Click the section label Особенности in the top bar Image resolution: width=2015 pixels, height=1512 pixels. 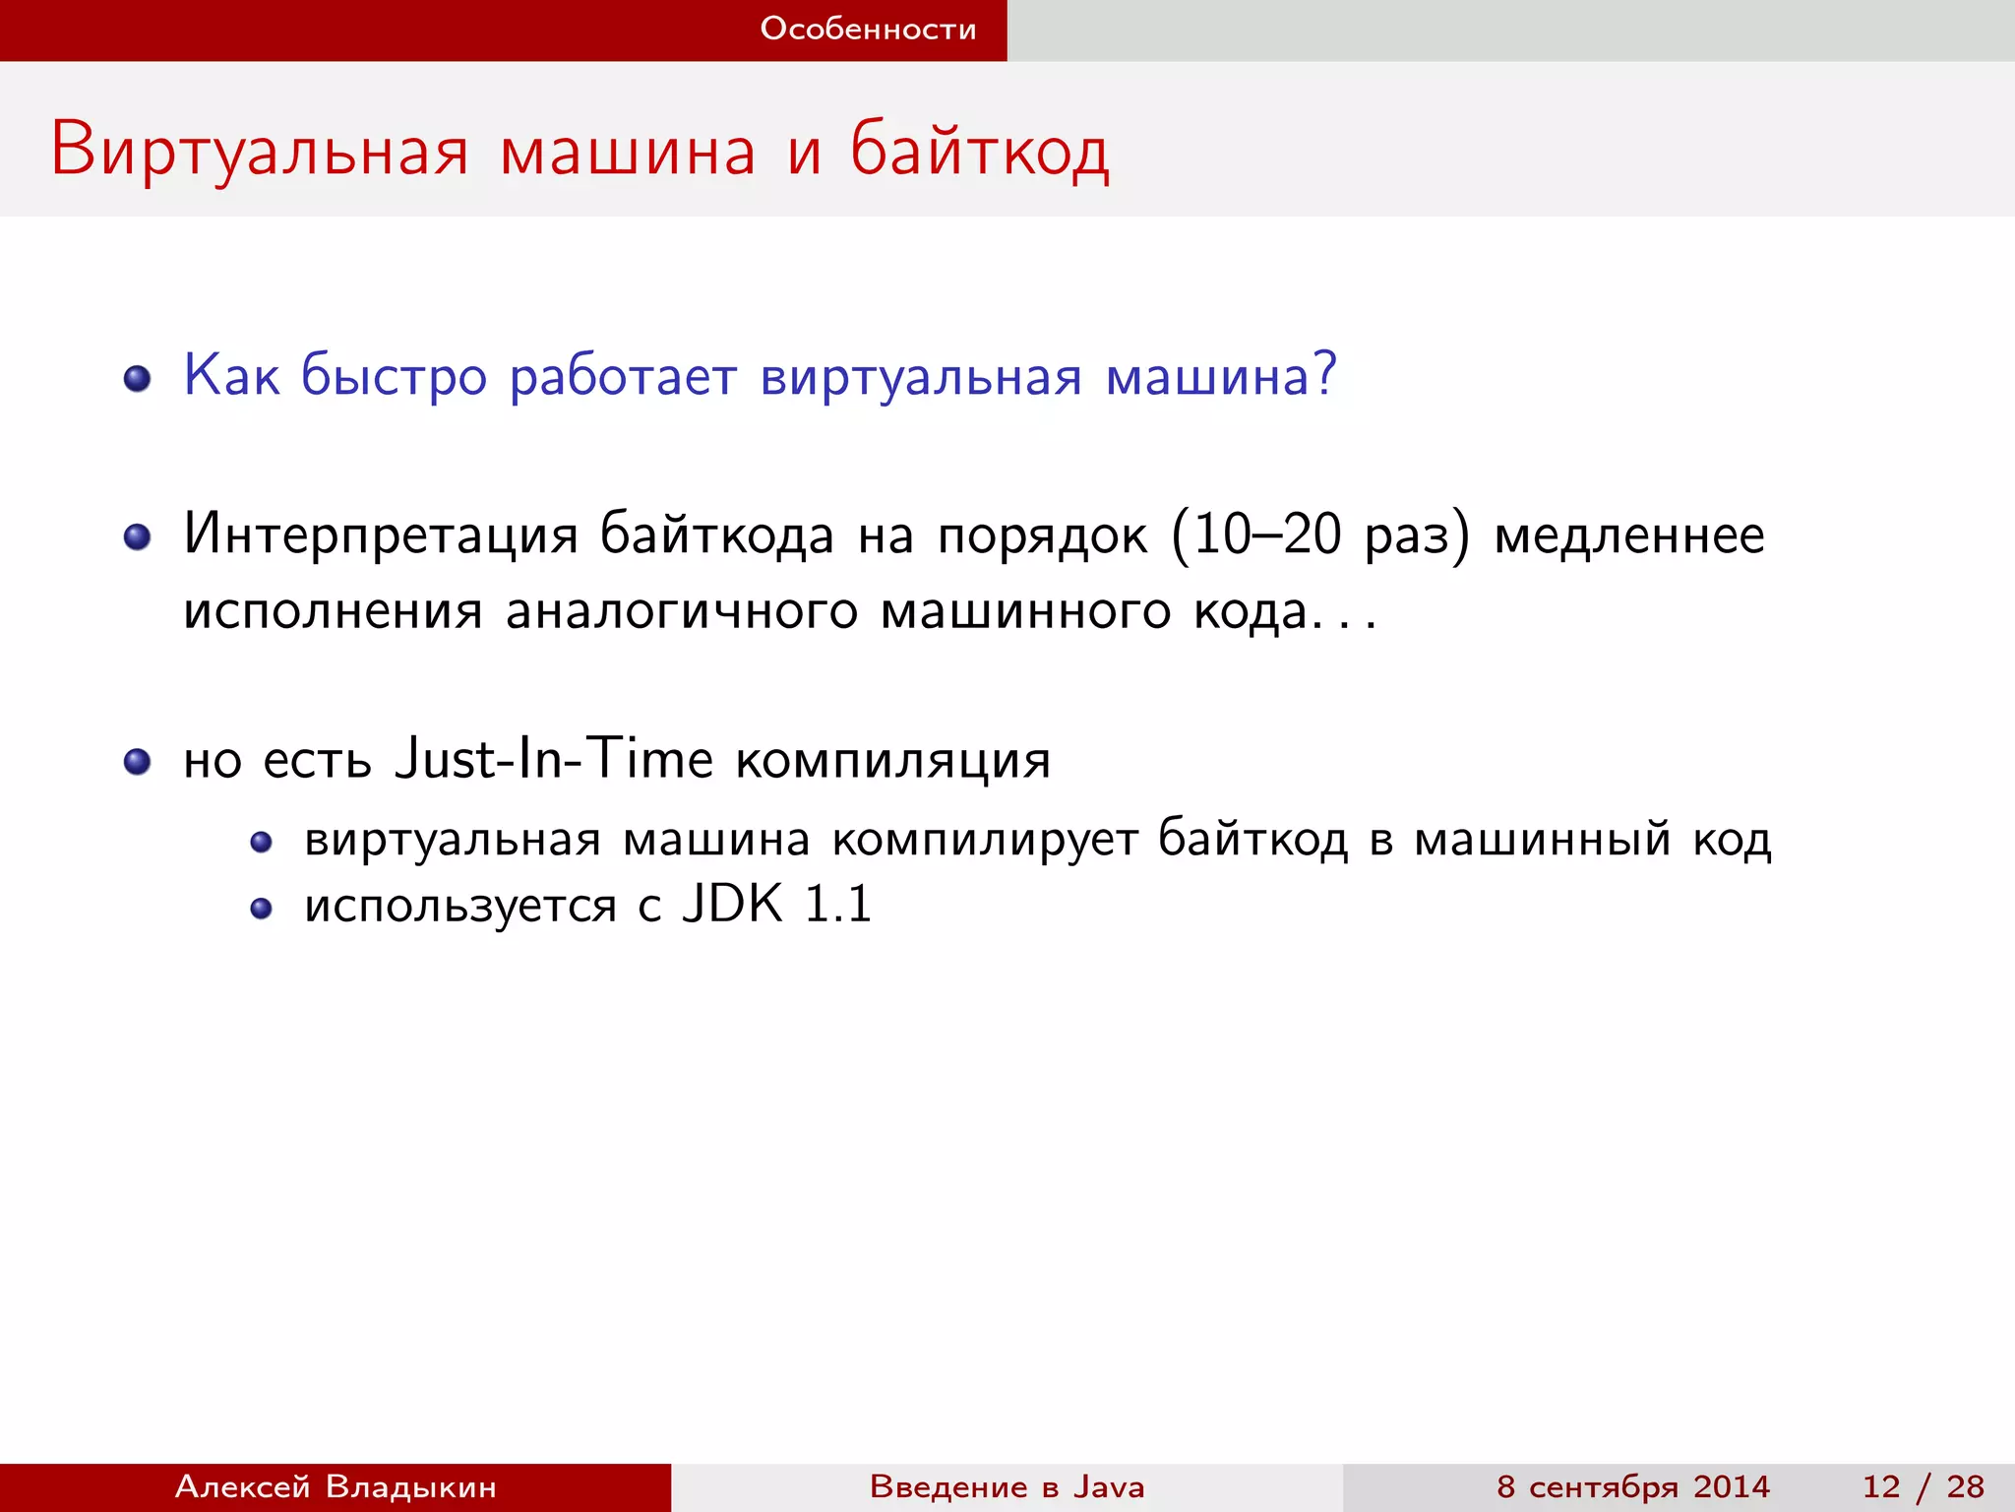pyautogui.click(x=868, y=30)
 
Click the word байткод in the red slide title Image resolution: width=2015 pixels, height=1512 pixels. pyautogui.click(x=980, y=151)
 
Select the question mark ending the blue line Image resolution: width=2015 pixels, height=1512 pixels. pyautogui.click(x=1325, y=374)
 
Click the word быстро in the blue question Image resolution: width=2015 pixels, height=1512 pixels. pyautogui.click(x=394, y=377)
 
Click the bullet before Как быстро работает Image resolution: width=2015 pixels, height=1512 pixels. pyautogui.click(x=137, y=379)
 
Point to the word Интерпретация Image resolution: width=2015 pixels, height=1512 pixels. pyautogui.click(x=381, y=536)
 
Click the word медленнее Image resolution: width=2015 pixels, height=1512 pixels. pyautogui.click(x=1629, y=536)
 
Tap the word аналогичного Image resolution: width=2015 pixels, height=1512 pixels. pyautogui.click(x=681, y=612)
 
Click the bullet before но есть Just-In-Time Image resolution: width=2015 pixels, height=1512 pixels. pyautogui.click(x=137, y=761)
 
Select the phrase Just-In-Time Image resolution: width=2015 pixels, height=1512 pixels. pyautogui.click(x=553, y=759)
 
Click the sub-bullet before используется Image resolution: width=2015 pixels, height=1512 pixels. pyautogui.click(x=261, y=908)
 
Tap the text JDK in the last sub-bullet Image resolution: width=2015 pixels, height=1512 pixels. pyautogui.click(x=733, y=904)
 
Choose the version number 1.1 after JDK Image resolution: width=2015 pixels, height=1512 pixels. pyautogui.click(x=837, y=904)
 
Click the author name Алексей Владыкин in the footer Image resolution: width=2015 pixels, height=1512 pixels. pyautogui.click(x=336, y=1486)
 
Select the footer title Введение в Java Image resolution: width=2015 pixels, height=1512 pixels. pyautogui.click(x=1007, y=1486)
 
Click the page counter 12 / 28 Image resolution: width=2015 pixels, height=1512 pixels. pyautogui.click(x=1923, y=1486)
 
